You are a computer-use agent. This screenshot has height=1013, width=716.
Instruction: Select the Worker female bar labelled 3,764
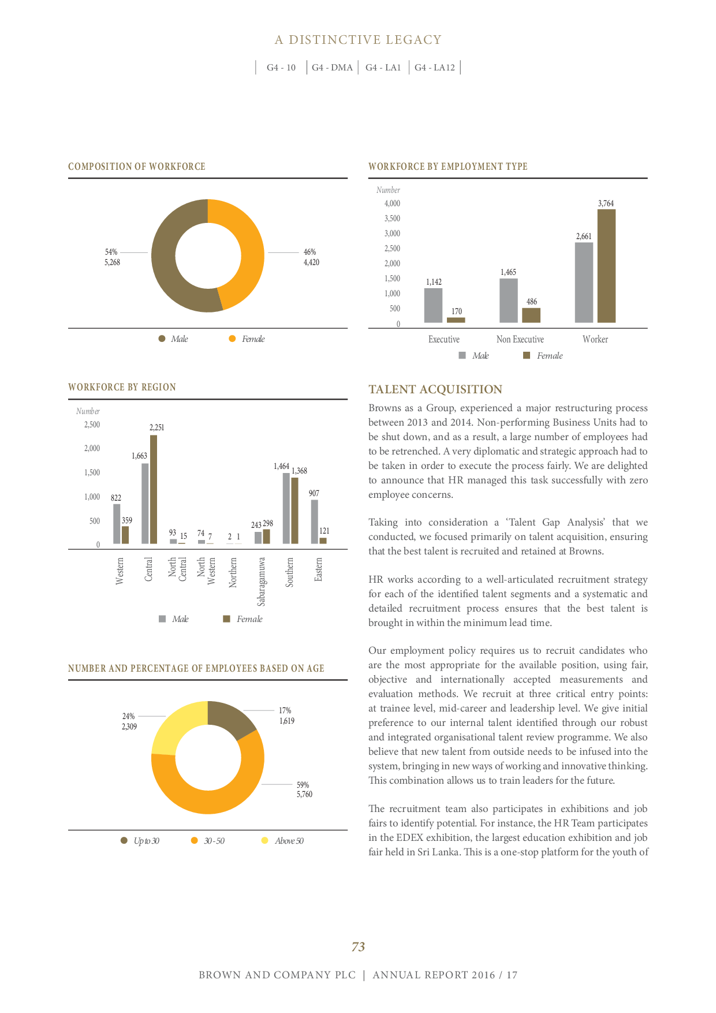pyautogui.click(x=606, y=266)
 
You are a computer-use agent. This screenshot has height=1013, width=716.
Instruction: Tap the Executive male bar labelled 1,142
pyautogui.click(x=433, y=305)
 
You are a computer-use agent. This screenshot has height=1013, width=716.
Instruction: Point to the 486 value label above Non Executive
pyautogui.click(x=532, y=301)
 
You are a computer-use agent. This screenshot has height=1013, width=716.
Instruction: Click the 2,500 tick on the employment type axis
pyautogui.click(x=392, y=248)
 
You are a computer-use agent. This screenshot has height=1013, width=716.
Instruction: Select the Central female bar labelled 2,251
pyautogui.click(x=154, y=490)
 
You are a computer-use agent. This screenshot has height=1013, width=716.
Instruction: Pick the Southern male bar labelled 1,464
pyautogui.click(x=286, y=508)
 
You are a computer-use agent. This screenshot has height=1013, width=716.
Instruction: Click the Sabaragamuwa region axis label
pyautogui.click(x=262, y=581)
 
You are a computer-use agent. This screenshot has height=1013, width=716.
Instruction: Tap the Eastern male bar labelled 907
pyautogui.click(x=314, y=522)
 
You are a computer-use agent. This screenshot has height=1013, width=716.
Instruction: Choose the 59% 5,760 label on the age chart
pyautogui.click(x=304, y=789)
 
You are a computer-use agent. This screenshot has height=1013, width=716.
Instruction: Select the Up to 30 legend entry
pyautogui.click(x=140, y=841)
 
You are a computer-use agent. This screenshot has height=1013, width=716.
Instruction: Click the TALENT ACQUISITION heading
pyautogui.click(x=435, y=389)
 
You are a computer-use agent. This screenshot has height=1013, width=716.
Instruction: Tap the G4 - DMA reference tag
pyautogui.click(x=332, y=68)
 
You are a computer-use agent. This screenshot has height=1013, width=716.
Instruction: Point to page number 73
pyautogui.click(x=358, y=947)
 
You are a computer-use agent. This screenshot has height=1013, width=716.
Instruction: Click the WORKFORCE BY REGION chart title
pyautogui.click(x=122, y=387)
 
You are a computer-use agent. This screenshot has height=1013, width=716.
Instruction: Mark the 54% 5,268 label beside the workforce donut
pyautogui.click(x=112, y=257)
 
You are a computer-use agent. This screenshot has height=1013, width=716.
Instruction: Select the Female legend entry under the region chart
pyautogui.click(x=243, y=619)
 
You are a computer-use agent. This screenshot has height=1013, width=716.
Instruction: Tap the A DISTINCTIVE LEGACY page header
pyautogui.click(x=358, y=40)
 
